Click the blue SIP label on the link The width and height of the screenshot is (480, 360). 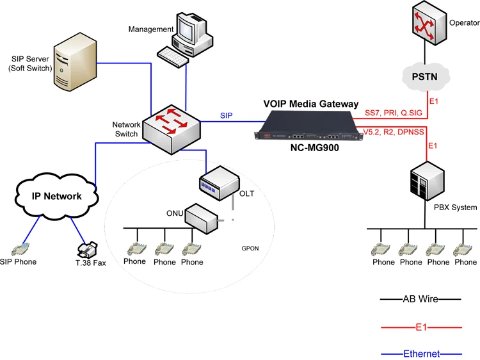click(227, 115)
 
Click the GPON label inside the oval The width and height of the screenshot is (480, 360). click(251, 247)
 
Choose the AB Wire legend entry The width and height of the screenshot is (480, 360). click(420, 299)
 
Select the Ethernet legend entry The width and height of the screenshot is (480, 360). click(420, 354)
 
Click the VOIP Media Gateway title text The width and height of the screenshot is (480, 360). click(311, 104)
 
